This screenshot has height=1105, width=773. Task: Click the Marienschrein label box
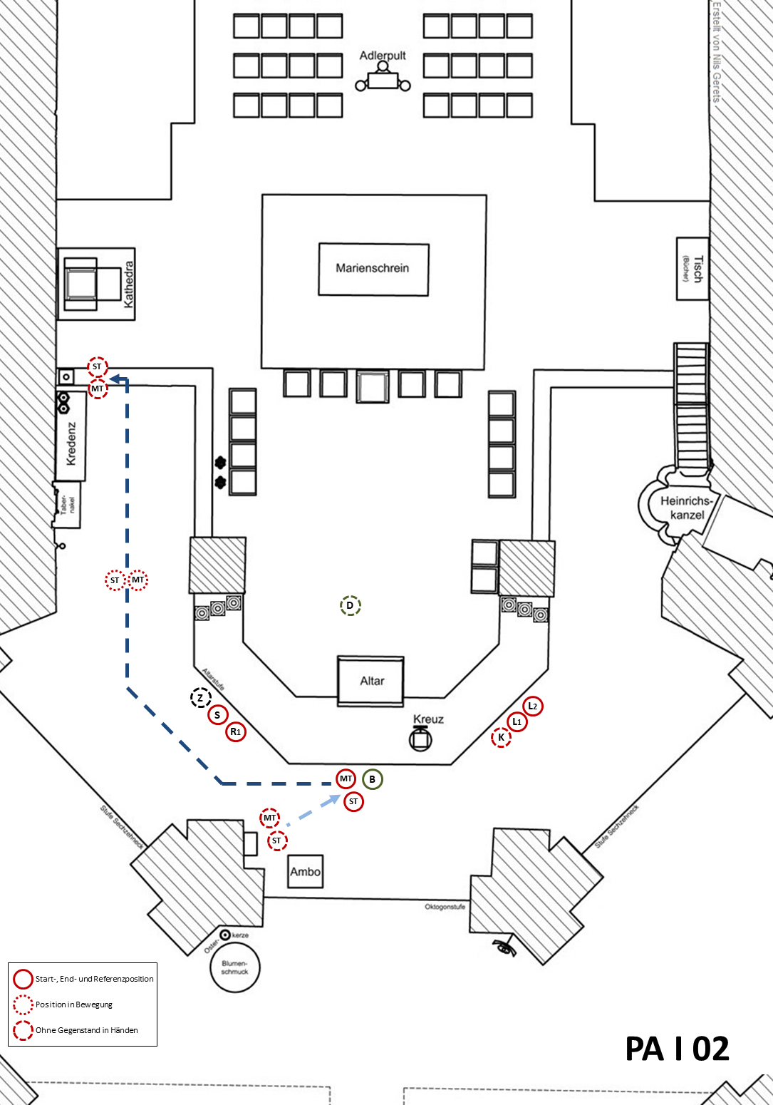373,269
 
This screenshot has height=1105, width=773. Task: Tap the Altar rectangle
371,681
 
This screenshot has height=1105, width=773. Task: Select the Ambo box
305,871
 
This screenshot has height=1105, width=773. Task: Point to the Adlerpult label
383,56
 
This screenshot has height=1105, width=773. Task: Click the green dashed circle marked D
350,606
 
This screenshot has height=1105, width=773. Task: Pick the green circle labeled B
372,779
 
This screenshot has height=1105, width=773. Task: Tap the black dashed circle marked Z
201,698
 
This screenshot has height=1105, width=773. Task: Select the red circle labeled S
217,714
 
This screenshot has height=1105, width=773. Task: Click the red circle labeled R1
236,731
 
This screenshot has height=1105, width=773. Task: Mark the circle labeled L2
532,706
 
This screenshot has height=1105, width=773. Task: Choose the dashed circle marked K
502,737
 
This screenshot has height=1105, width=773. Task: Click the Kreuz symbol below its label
420,739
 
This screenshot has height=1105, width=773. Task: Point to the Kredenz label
71,443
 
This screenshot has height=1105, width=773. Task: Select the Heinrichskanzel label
687,508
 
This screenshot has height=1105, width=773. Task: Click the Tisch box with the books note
692,269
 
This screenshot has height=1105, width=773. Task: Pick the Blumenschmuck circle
235,967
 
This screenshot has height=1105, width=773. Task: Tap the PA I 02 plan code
677,1049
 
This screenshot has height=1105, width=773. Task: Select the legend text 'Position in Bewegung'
74,1004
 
